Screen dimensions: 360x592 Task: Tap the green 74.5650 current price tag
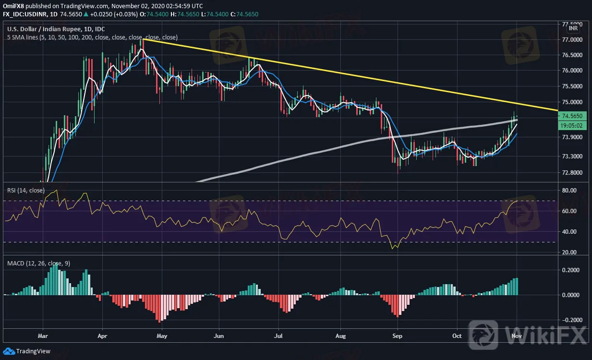[x=573, y=116]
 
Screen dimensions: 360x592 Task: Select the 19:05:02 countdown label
[x=573, y=125]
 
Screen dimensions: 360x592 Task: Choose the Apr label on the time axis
[x=102, y=336]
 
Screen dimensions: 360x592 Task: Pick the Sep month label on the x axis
[x=397, y=336]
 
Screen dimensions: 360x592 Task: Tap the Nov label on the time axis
[x=517, y=336]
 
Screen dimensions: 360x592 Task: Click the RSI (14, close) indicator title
[x=26, y=191]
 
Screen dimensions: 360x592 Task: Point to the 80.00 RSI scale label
[x=569, y=191]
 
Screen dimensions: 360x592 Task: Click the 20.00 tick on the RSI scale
[x=569, y=252]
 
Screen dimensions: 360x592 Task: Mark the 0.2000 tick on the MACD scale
[x=571, y=270]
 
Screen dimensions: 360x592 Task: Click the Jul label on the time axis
[x=278, y=336]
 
